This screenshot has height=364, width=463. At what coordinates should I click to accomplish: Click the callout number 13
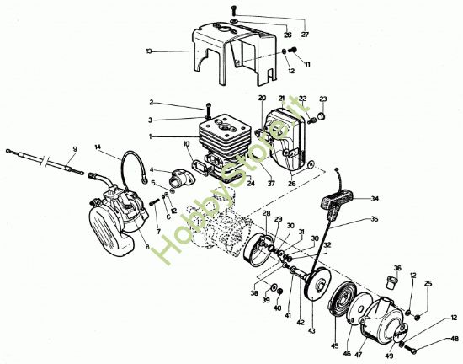tap(149, 51)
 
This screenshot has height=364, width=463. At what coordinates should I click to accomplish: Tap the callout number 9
tap(74, 149)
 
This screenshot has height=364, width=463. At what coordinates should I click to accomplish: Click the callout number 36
tap(397, 270)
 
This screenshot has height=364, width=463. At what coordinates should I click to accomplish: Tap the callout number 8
tap(147, 247)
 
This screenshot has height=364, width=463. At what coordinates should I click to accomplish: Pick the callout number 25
tap(428, 284)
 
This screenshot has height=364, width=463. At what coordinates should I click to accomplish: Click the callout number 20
tap(262, 99)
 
